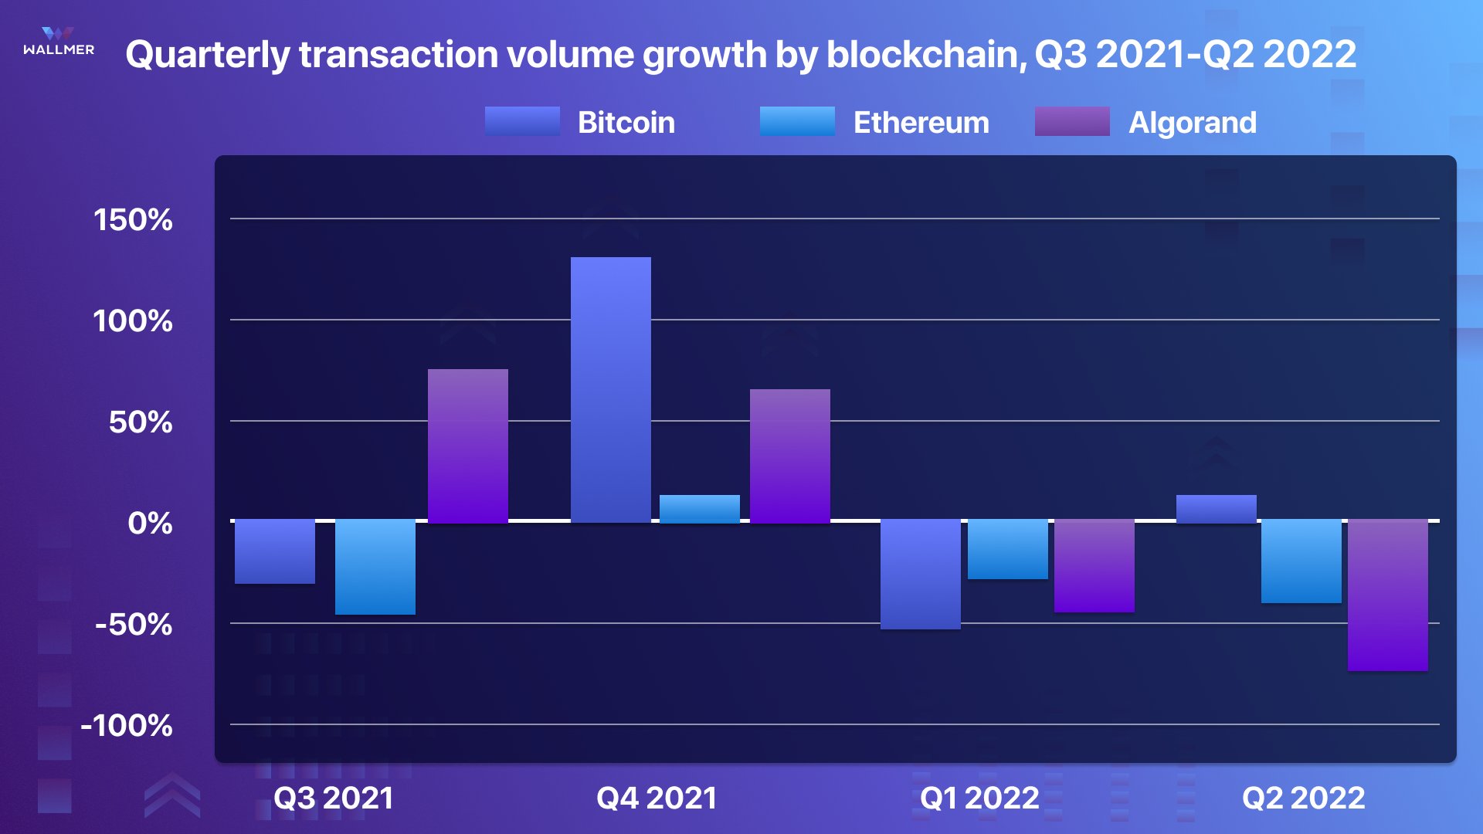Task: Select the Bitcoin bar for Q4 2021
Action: (x=610, y=390)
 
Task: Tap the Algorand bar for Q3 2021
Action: (x=467, y=446)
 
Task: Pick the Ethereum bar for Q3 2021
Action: (x=375, y=568)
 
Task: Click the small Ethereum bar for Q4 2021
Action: (x=699, y=509)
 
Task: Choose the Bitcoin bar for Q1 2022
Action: (x=920, y=575)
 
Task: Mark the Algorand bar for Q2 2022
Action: (x=1387, y=595)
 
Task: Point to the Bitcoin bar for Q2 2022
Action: (x=1216, y=509)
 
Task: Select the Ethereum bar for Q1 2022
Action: (x=1007, y=550)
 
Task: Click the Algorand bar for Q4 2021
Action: (x=789, y=456)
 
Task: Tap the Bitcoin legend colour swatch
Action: (x=522, y=121)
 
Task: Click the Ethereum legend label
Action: (x=921, y=123)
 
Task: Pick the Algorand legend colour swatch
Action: (x=1071, y=121)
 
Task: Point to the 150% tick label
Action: (x=133, y=220)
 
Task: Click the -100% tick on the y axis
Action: (x=127, y=726)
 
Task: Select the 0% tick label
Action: (x=150, y=524)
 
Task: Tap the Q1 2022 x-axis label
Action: (x=979, y=798)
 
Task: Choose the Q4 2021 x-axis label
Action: (x=657, y=798)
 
